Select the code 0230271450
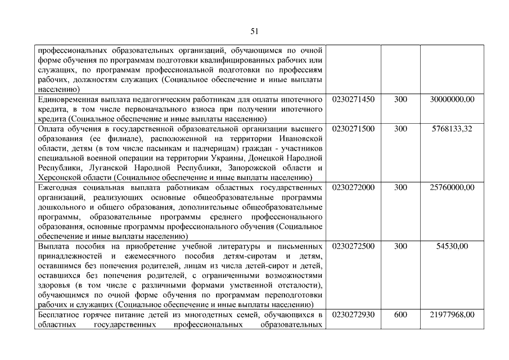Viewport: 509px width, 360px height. tap(354, 100)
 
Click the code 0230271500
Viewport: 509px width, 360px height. tap(354, 129)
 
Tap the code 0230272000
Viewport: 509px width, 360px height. tap(354, 187)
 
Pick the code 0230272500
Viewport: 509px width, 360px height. tap(354, 246)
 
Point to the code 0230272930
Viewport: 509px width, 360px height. tap(354, 314)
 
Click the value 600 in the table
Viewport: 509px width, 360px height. tap(400, 314)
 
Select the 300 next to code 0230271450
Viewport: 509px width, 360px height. tap(400, 100)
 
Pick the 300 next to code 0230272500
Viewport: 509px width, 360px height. tap(400, 246)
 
